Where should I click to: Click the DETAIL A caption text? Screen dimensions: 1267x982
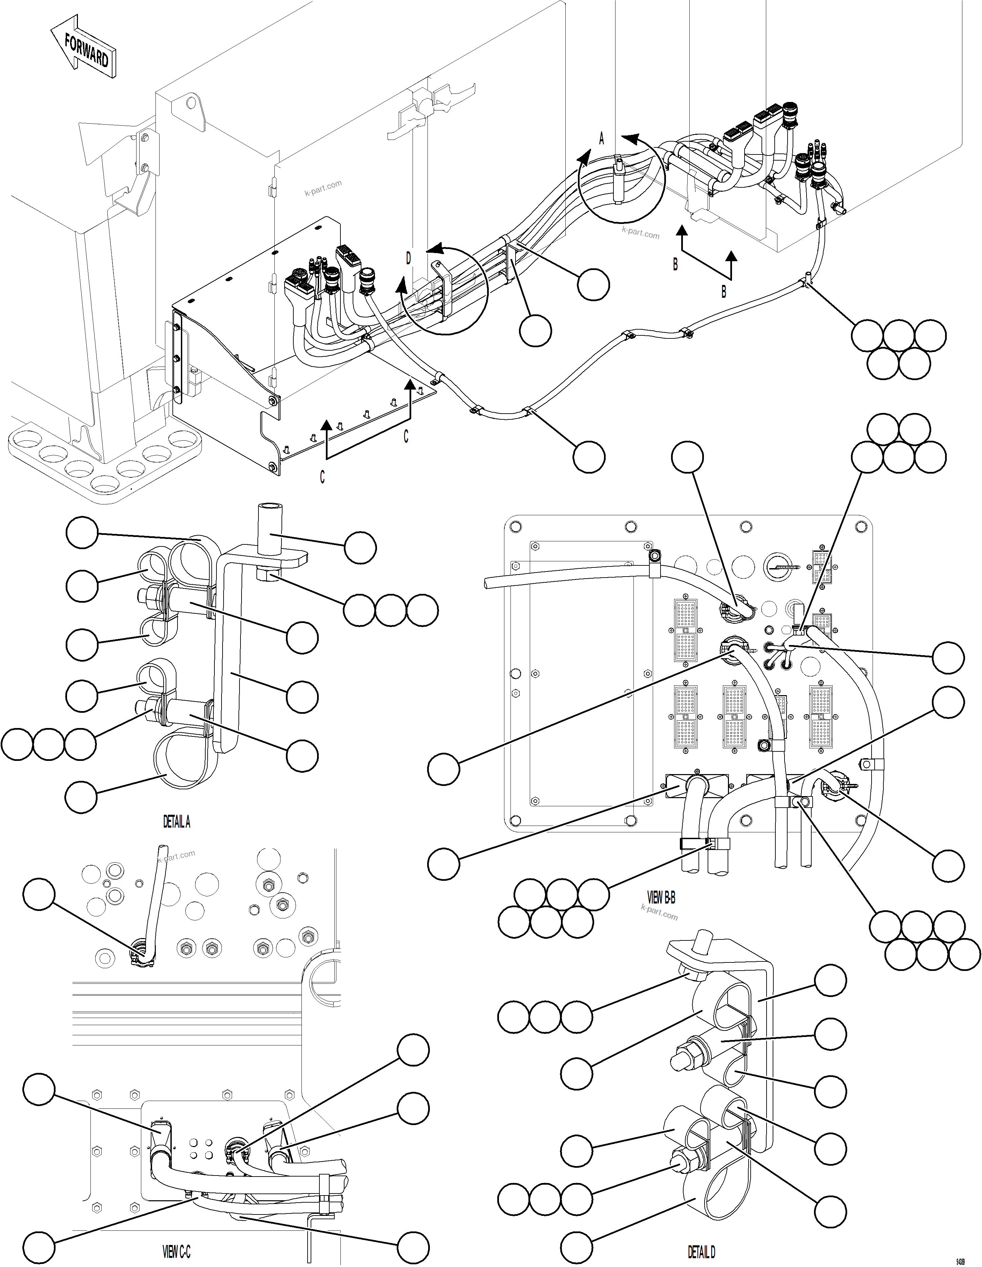pos(176,822)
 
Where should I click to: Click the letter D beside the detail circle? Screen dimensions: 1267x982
pos(408,259)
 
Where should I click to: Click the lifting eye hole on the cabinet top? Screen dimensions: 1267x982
pos(191,104)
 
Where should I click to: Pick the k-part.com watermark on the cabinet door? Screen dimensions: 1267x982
pos(323,188)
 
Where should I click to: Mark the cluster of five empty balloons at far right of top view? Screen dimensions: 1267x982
pos(898,349)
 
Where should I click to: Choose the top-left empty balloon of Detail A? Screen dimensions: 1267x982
pos(82,533)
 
